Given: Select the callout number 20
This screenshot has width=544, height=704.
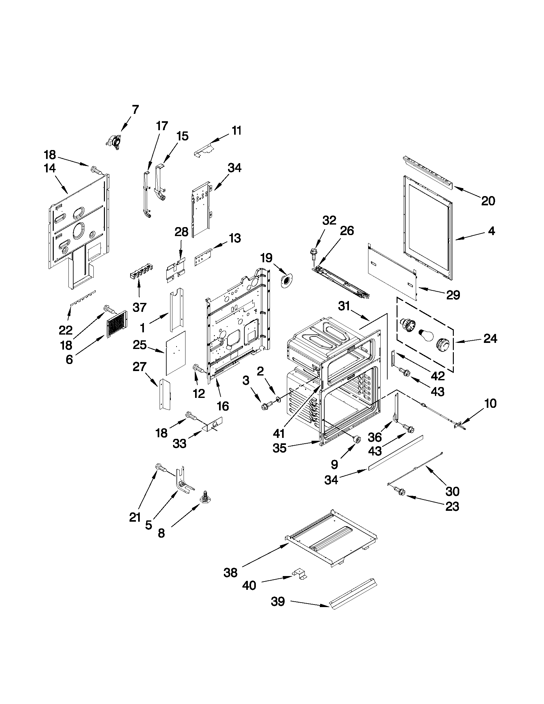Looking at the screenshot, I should coord(488,201).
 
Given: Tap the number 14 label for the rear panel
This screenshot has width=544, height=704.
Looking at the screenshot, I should coord(50,168).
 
